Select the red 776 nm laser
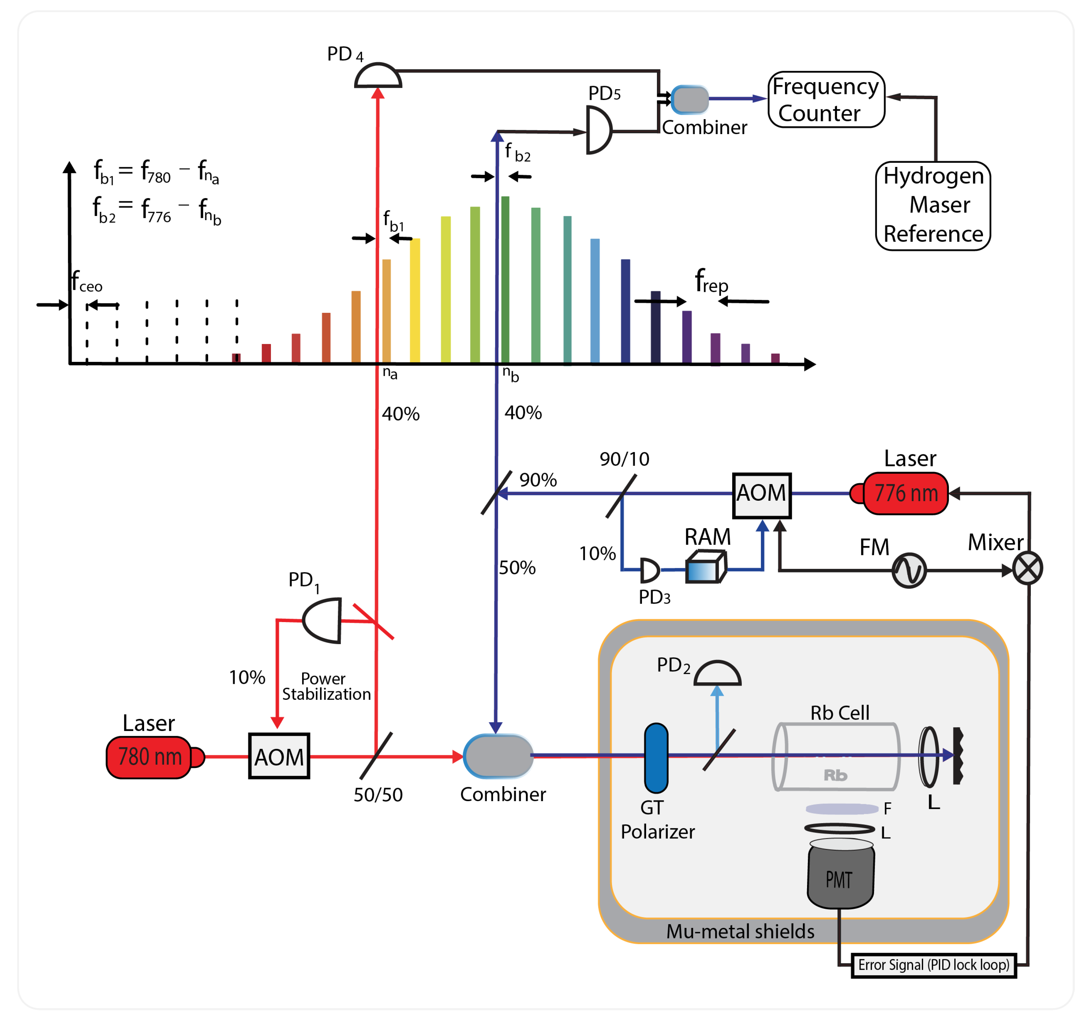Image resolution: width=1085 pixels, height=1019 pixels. click(x=906, y=493)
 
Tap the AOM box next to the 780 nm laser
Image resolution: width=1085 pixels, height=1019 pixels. click(x=279, y=756)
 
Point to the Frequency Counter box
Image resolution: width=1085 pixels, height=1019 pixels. click(x=826, y=100)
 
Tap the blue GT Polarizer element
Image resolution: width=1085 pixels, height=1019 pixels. click(x=656, y=758)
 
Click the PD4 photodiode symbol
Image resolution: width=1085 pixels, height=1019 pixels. click(x=378, y=76)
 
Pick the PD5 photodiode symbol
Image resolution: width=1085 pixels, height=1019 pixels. click(x=598, y=130)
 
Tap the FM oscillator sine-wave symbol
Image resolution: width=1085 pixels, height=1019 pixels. click(x=909, y=570)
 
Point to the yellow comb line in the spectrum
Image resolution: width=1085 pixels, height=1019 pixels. click(x=415, y=300)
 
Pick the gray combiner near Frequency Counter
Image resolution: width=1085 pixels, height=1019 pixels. click(x=690, y=99)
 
